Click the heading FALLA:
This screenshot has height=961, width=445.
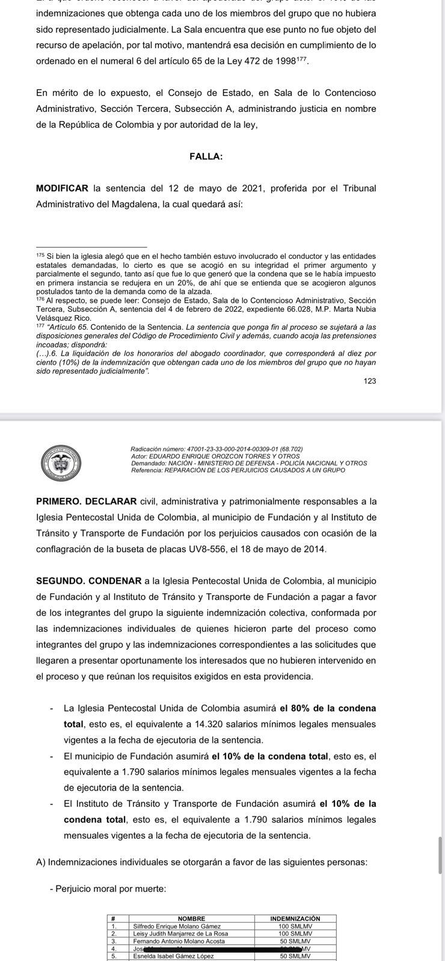[206, 156]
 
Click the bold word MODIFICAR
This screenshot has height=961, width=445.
[62, 188]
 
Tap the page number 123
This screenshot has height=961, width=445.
[370, 381]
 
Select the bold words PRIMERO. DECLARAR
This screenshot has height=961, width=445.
[87, 501]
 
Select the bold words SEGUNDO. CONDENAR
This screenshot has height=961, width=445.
[89, 581]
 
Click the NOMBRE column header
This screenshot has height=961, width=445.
[191, 918]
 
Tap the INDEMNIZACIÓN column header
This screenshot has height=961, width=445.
[295, 918]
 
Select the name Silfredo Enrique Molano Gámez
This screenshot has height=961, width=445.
[177, 926]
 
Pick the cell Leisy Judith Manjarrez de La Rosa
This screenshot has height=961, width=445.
[180, 934]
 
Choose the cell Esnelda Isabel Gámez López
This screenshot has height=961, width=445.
[173, 956]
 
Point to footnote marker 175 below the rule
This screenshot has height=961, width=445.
[40, 255]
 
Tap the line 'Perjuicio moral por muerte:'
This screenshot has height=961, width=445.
[108, 888]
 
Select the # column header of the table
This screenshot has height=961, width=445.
[113, 918]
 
